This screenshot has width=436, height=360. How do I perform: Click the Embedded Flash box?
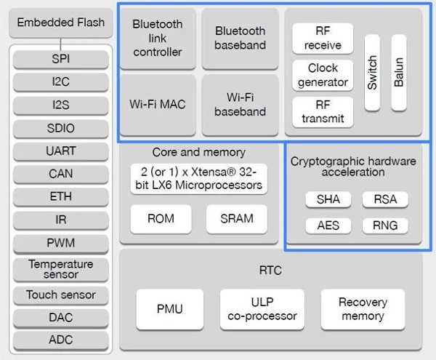(x=61, y=23)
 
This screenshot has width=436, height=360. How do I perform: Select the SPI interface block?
(x=61, y=58)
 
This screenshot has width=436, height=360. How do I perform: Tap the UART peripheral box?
(x=61, y=151)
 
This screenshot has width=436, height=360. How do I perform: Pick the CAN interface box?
(x=61, y=175)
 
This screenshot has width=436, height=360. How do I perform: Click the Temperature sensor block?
(x=61, y=269)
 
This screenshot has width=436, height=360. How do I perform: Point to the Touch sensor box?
(x=61, y=295)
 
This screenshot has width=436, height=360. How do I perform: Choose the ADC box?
(x=61, y=340)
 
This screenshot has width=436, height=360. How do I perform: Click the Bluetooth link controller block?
(x=157, y=38)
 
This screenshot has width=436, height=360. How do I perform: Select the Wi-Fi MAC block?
(x=157, y=104)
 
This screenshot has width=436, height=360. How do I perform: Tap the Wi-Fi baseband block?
(x=240, y=104)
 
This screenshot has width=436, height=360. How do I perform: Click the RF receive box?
(x=323, y=38)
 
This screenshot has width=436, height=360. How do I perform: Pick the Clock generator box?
(x=323, y=74)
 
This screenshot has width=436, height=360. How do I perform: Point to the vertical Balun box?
(x=398, y=73)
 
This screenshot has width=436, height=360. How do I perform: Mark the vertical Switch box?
(x=372, y=73)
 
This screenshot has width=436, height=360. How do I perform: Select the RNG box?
(x=385, y=225)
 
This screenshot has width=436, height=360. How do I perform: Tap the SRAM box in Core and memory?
(x=236, y=218)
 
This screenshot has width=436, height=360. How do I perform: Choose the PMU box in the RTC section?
(x=169, y=308)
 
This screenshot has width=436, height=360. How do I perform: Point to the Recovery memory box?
(x=362, y=308)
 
